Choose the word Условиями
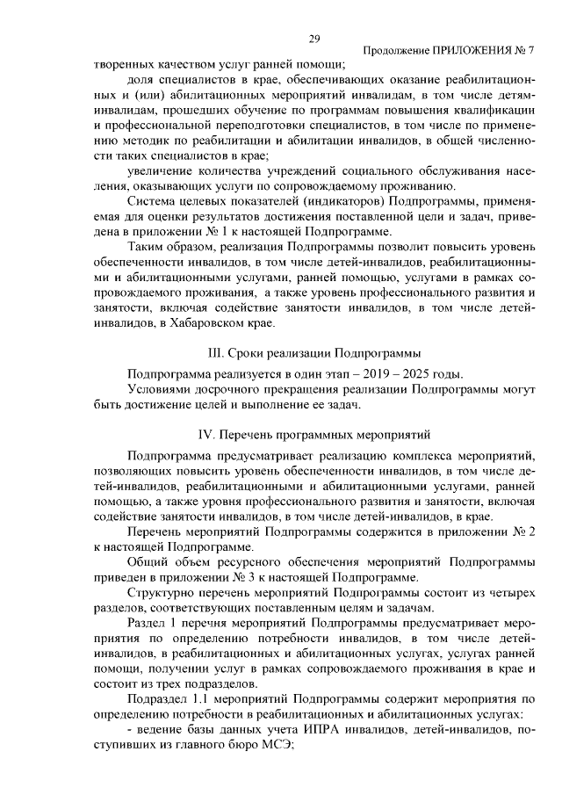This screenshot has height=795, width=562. coord(161,389)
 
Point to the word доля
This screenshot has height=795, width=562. coord(141,81)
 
